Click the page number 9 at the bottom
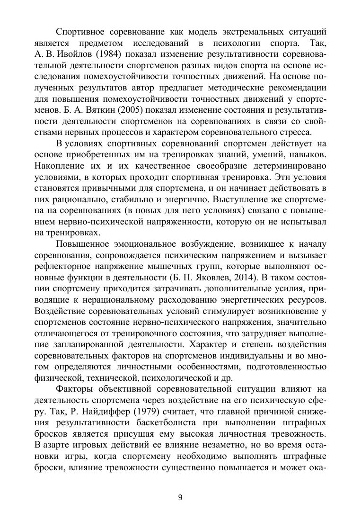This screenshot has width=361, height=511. tap(180, 497)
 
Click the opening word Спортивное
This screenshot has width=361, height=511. tap(81, 32)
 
